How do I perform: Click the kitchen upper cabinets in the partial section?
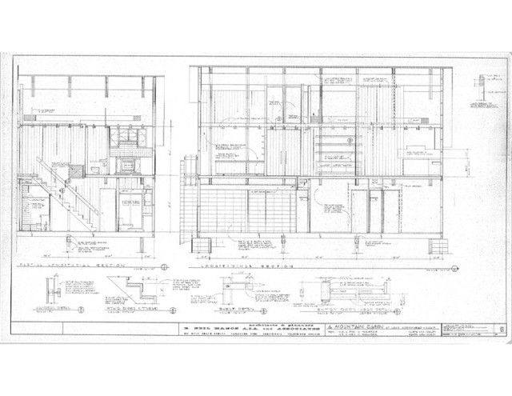[x=124, y=138]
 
